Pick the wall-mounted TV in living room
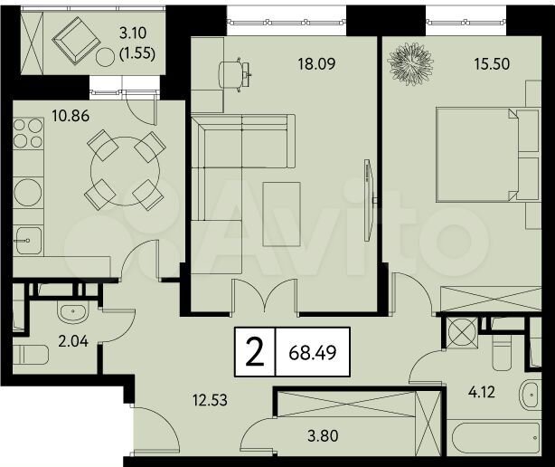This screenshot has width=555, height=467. pyautogui.click(x=368, y=201)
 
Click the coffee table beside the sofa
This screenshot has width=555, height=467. pyautogui.click(x=282, y=214)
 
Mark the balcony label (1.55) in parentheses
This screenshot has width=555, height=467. pyautogui.click(x=138, y=53)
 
